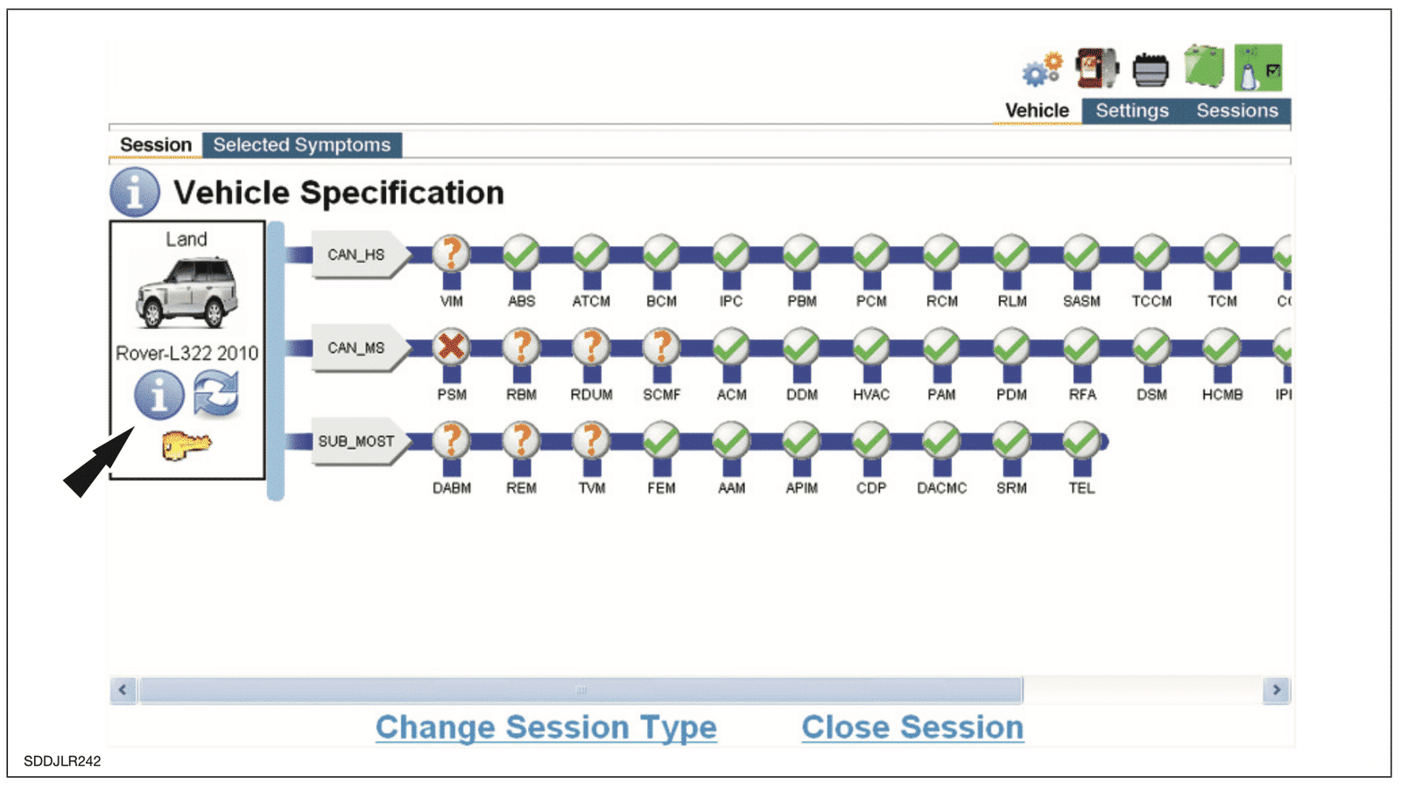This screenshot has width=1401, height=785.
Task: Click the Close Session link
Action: pos(912,727)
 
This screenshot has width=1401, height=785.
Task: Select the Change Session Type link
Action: pos(546,727)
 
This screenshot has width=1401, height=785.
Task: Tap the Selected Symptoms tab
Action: pos(301,145)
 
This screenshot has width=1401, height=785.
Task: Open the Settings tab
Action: pos(1132,110)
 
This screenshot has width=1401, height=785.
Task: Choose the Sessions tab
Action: pos(1237,110)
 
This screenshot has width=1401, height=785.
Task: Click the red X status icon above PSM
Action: pos(451,347)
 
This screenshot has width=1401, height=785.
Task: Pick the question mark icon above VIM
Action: pos(451,253)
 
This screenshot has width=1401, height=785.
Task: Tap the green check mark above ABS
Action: pos(521,253)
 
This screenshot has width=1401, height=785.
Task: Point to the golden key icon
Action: pos(187,445)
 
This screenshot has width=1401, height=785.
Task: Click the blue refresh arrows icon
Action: pos(215,394)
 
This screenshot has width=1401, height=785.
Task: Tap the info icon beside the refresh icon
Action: pos(159,395)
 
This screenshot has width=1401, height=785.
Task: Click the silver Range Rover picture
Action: pos(187,292)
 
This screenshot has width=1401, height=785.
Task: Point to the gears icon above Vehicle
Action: pos(1043,69)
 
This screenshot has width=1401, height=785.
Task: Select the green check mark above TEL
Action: pos(1081,440)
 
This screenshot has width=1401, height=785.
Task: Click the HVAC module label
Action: pos(871,395)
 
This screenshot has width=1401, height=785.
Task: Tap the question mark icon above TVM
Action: pos(591,440)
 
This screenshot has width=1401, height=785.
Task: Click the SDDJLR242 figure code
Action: pos(62,761)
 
